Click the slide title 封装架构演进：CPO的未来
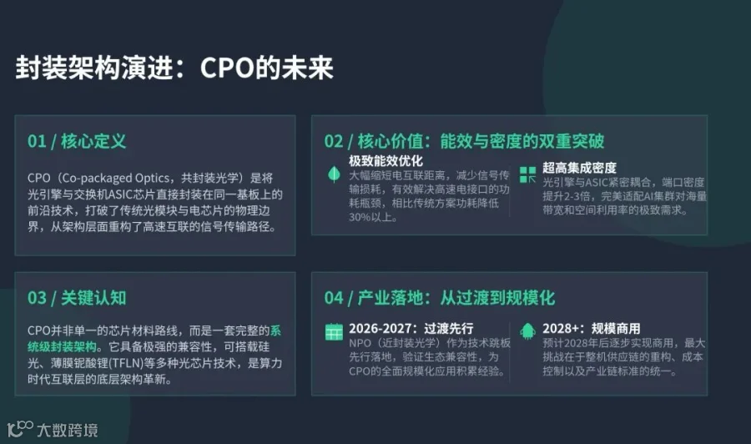[174, 68]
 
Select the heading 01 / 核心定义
[77, 141]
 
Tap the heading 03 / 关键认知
[77, 298]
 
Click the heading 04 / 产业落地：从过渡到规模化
[439, 298]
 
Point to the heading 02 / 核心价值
[374, 141]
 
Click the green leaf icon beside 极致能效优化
[334, 174]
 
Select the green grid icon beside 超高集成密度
[528, 174]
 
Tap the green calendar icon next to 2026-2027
[334, 331]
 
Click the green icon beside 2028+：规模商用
[527, 330]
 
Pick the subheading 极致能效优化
[386, 161]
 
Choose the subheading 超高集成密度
[579, 168]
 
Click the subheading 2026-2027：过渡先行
[411, 329]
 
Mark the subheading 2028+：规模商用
[591, 329]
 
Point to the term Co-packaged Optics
[115, 178]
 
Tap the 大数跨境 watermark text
[68, 430]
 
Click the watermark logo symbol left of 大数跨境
[20, 429]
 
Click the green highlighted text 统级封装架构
[62, 346]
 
